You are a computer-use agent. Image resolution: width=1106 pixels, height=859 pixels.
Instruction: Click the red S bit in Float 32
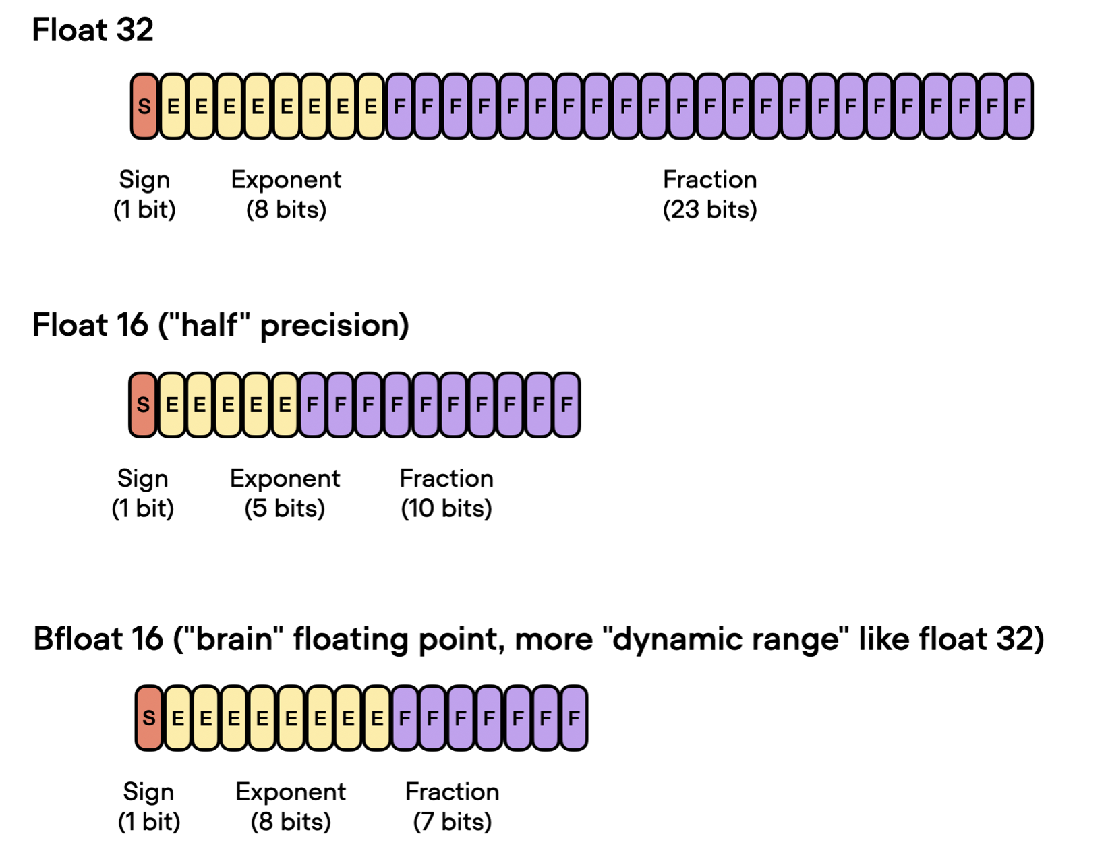click(144, 107)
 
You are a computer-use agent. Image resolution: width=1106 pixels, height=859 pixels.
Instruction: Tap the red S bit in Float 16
click(143, 405)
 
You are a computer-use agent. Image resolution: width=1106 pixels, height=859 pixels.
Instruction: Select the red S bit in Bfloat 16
click(149, 718)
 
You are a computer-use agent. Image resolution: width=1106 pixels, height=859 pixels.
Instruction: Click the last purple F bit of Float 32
click(1019, 107)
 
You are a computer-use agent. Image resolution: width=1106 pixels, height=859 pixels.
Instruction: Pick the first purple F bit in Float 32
click(400, 107)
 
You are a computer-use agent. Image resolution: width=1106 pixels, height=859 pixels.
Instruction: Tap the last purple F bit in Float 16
click(566, 405)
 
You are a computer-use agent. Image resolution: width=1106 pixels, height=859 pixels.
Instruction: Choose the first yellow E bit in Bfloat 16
click(177, 718)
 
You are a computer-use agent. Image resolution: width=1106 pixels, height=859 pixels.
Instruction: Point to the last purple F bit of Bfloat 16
click(574, 718)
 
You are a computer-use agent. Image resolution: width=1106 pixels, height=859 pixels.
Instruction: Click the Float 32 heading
click(92, 30)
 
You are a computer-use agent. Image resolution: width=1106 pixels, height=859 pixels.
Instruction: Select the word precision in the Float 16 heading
click(334, 326)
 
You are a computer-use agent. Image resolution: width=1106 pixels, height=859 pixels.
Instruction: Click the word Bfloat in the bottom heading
click(98, 639)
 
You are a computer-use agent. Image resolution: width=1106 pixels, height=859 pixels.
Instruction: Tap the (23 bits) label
click(709, 210)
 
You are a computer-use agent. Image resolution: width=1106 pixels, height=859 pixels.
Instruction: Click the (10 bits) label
click(446, 508)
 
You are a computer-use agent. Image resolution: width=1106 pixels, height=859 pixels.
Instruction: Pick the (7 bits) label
click(452, 822)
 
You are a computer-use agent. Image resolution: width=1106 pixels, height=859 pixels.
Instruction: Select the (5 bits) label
click(285, 508)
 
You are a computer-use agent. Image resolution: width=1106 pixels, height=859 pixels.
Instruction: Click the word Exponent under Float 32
click(286, 180)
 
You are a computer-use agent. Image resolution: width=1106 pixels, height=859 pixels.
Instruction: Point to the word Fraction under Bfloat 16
click(452, 792)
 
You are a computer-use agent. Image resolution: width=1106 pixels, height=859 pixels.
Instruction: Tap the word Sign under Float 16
click(142, 479)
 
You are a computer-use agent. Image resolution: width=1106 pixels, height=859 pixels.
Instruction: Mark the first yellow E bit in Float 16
click(172, 405)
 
